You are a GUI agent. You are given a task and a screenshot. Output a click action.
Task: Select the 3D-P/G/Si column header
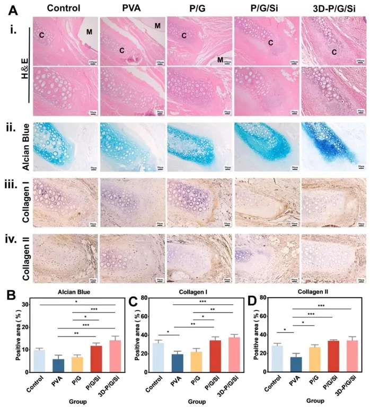pyautogui.click(x=332, y=8)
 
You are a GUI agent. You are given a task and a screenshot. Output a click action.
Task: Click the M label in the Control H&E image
pyautogui.click(x=89, y=31)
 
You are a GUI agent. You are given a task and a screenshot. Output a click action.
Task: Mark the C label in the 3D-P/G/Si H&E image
pyautogui.click(x=334, y=52)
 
